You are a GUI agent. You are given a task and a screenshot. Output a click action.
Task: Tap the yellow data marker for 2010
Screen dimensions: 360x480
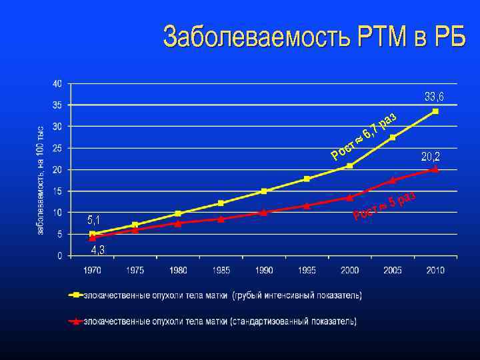pos(435,111)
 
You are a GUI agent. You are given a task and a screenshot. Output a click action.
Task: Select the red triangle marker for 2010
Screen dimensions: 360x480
pos(435,169)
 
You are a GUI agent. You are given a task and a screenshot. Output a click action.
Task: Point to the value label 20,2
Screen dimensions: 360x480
pos(431,157)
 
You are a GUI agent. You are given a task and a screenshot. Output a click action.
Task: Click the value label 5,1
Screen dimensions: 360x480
pos(95,219)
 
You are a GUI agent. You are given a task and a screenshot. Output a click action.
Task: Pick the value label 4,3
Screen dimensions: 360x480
pos(97,250)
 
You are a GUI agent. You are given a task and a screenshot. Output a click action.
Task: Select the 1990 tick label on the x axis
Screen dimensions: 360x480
pos(264,270)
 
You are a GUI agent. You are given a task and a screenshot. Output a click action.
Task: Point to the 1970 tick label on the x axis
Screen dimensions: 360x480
pos(92,270)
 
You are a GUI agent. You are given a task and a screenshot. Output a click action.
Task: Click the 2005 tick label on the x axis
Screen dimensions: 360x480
pos(393,270)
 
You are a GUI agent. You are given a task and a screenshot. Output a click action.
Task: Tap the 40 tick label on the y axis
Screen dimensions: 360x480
pos(57,83)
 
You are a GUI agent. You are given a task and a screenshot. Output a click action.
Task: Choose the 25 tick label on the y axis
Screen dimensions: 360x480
pos(57,148)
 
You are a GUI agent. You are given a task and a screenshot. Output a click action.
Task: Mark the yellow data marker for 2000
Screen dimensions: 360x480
pos(349,165)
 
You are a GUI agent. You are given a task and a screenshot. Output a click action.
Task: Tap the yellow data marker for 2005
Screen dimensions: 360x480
pos(393,137)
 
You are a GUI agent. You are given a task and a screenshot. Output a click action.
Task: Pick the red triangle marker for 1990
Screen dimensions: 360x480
pos(264,213)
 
